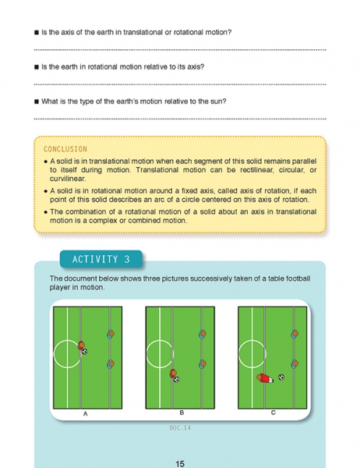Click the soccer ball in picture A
click(84, 352)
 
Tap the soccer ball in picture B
click(177, 379)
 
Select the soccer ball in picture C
click(281, 378)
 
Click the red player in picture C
click(265, 378)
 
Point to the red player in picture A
click(81, 346)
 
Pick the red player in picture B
click(173, 374)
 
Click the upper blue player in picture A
click(111, 334)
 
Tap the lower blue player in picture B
click(203, 363)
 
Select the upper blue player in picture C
click(295, 334)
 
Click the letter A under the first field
click(85, 413)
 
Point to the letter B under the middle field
click(182, 413)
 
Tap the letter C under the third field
click(274, 413)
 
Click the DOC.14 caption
click(180, 427)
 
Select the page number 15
click(180, 463)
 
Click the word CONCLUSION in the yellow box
click(65, 149)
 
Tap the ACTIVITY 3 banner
click(101, 259)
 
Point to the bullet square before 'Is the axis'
click(37, 32)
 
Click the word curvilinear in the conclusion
click(68, 179)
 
